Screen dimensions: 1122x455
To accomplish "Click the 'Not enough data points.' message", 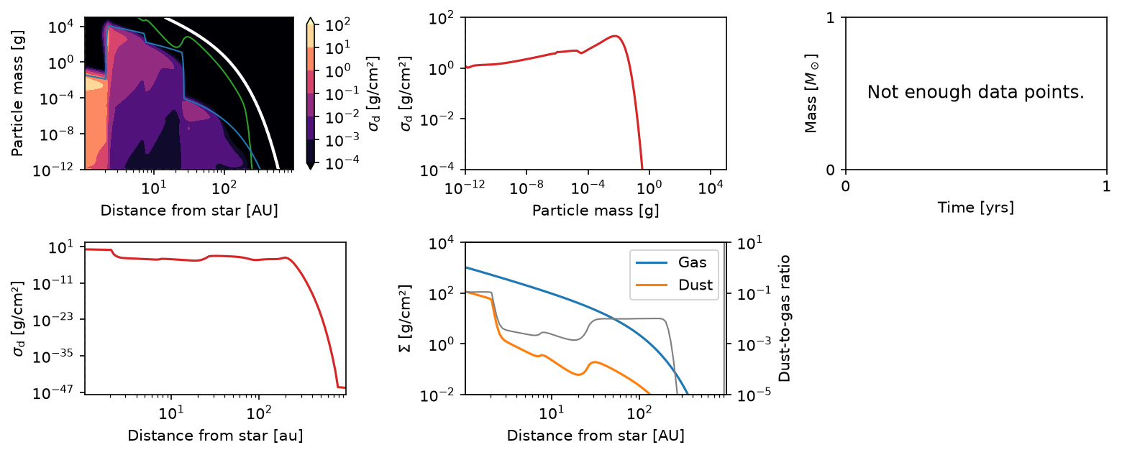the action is coord(976,92).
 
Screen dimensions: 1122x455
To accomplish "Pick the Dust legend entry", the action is coord(674,285).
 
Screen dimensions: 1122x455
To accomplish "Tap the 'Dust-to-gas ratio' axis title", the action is coord(785,318).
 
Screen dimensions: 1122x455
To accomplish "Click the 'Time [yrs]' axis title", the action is coord(976,207).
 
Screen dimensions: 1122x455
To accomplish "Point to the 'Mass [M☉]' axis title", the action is coord(811,93).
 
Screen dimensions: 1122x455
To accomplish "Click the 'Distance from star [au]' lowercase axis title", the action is coord(215,436).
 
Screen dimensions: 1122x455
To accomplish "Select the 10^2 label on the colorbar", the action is coord(338,24).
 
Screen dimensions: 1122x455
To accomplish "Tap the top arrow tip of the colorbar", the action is coord(311,17).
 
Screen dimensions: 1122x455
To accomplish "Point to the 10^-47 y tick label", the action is coord(53,392).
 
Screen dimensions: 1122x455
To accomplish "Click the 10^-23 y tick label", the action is coord(53,319).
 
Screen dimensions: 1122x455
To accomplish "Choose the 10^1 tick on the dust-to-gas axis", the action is coord(750,244).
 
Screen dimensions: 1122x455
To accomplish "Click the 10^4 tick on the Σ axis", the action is coord(442,244).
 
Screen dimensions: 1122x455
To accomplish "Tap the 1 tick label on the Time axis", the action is coord(1106,186).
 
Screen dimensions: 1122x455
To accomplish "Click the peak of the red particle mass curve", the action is coord(616,36).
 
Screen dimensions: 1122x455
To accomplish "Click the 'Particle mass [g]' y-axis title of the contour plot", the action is coord(17,93).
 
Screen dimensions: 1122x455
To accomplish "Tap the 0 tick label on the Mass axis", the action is coord(831,170).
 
